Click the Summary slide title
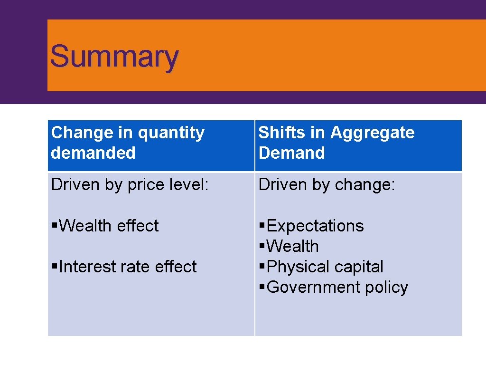tap(114, 56)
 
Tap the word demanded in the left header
tap(93, 153)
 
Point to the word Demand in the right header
tap(291, 153)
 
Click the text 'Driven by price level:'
tap(130, 185)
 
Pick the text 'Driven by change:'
tap(327, 185)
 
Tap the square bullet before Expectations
tap(262, 226)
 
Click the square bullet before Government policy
tap(262, 288)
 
